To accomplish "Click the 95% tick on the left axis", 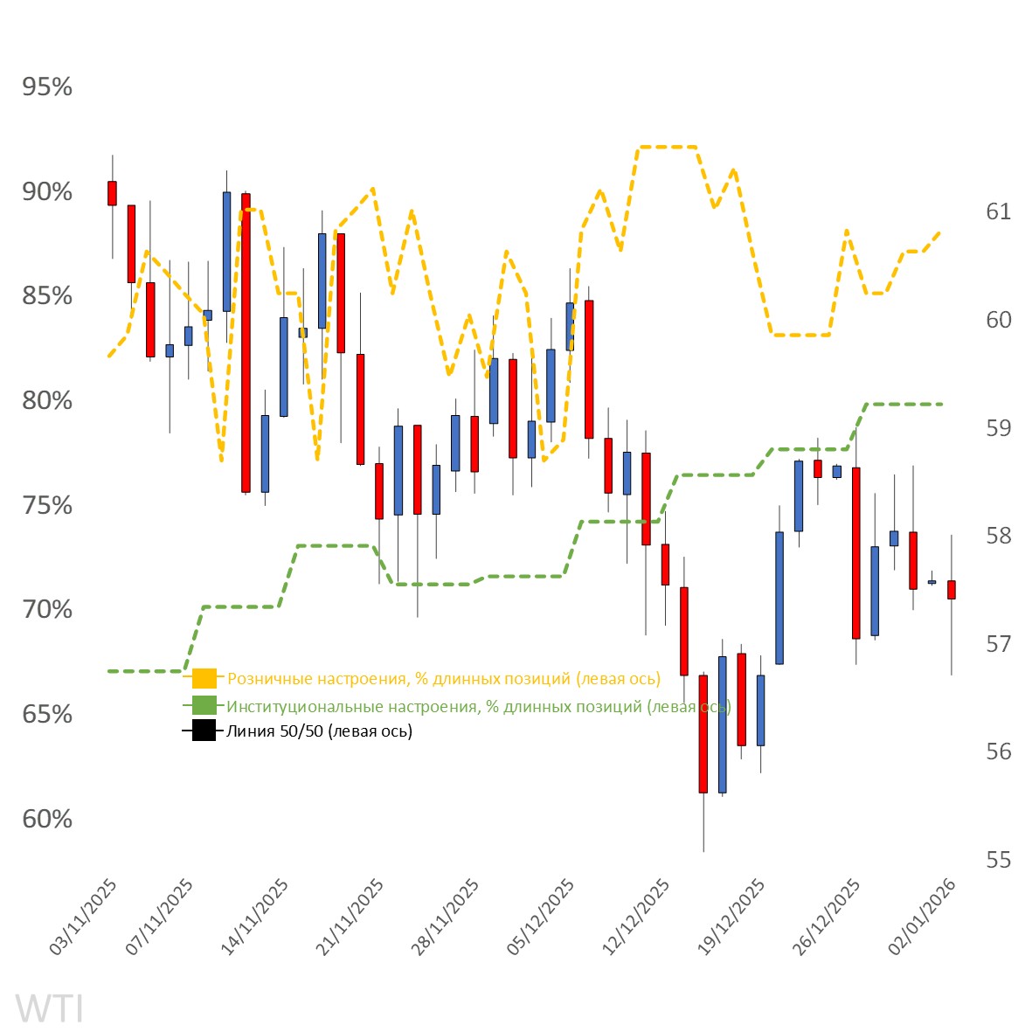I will point(47,87).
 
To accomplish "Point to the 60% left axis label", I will point(47,820).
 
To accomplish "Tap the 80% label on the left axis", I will point(47,401).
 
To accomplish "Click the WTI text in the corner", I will point(50,1008).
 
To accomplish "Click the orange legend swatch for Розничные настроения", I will point(204,679).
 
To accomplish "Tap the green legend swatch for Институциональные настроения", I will point(204,705).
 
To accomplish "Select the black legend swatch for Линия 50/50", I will point(204,731).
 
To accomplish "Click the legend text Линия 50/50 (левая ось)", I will point(320,731).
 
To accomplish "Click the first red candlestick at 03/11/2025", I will point(112,193).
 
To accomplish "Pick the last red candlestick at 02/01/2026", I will point(952,590).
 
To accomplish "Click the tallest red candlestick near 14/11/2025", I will point(246,343).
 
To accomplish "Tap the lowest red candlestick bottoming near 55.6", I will point(703,734).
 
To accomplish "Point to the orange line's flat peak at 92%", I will point(667,147).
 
